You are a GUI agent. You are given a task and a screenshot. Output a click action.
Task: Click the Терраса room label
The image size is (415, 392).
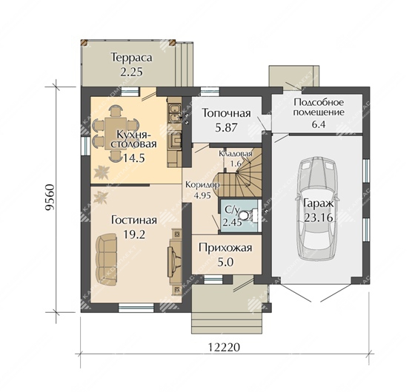[x=132, y=58]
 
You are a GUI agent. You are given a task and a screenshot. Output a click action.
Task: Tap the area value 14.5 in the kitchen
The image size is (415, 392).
[x=133, y=158]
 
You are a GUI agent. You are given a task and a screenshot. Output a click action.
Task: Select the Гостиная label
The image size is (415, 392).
[x=134, y=220]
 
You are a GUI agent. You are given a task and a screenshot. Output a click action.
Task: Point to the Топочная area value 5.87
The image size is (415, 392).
[x=226, y=127]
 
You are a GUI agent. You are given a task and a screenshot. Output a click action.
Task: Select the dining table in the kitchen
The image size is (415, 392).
[x=116, y=132]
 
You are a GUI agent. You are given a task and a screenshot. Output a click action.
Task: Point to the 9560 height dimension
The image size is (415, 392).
[x=50, y=197]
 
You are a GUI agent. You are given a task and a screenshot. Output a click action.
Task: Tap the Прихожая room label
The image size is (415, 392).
[x=225, y=248]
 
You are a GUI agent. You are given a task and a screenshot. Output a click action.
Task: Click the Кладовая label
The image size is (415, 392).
[x=236, y=154]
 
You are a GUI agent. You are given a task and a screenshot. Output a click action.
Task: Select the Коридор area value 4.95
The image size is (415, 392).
[x=202, y=195]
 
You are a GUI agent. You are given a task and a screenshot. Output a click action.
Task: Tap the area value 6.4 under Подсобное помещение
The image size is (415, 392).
[x=319, y=124]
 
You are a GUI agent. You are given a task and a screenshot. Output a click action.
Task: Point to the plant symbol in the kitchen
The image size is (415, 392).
[x=102, y=172]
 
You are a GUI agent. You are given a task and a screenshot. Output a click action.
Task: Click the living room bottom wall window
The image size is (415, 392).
[x=136, y=308]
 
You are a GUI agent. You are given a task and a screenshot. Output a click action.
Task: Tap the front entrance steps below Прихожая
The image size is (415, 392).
[x=228, y=322]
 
